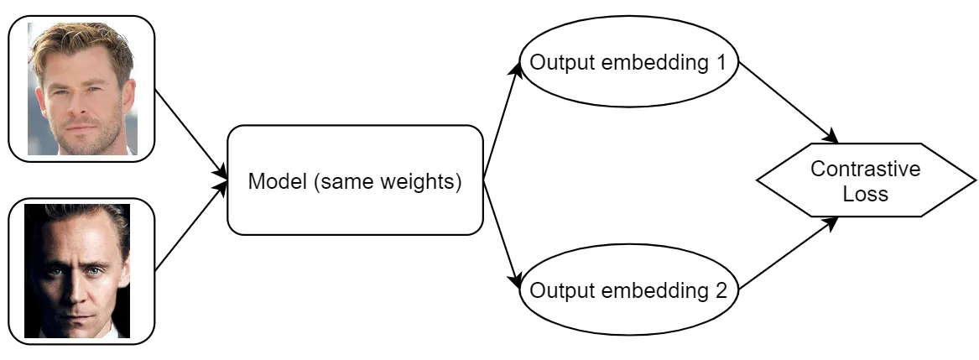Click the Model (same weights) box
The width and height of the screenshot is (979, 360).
point(355,180)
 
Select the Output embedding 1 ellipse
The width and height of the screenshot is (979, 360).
point(628,62)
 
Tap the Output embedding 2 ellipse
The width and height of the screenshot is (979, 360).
point(628,290)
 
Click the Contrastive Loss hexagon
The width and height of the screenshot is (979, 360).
point(866,180)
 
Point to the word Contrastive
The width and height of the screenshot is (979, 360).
point(866,169)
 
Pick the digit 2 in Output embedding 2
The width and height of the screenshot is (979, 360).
point(721,290)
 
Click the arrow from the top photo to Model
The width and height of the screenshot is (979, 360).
point(190,133)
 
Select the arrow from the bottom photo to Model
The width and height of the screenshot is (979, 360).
point(190,227)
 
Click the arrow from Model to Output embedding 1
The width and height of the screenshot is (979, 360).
point(502,120)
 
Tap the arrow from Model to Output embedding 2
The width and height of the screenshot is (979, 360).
point(502,234)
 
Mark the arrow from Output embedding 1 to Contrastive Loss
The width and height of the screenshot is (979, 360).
point(789,102)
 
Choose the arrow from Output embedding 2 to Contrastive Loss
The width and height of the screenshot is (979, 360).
point(789,253)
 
